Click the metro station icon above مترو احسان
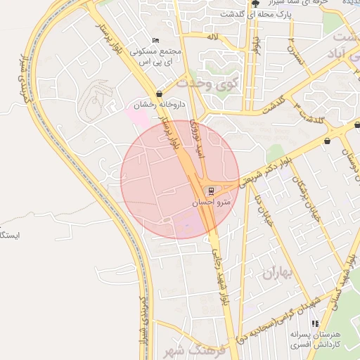(210, 191)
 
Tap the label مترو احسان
(209, 202)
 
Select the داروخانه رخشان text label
(159, 105)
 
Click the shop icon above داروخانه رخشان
(160, 94)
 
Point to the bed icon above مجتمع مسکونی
(155, 41)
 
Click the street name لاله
(212, 35)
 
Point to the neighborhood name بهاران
(276, 272)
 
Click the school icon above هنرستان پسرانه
(315, 324)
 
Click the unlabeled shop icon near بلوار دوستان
(328, 141)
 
